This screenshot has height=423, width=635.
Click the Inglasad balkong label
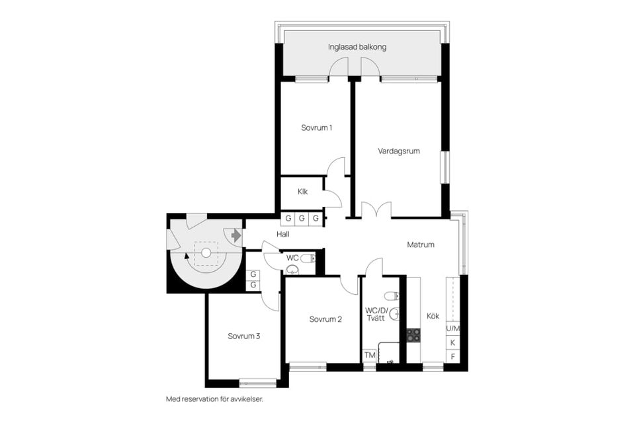[357, 48]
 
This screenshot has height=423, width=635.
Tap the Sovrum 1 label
[316, 128]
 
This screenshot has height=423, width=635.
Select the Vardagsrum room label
[399, 151]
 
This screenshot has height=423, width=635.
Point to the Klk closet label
[302, 192]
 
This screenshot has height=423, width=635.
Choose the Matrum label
[420, 245]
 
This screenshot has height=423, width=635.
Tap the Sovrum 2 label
[325, 319]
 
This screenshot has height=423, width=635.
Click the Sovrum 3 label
[243, 336]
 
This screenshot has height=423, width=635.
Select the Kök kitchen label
[433, 316]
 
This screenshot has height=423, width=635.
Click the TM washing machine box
[370, 356]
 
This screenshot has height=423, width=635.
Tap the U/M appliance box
[453, 328]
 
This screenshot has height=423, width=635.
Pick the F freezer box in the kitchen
[453, 357]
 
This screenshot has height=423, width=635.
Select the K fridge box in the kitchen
[453, 342]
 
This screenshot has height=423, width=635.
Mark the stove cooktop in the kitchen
[413, 335]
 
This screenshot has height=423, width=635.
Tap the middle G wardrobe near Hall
[302, 218]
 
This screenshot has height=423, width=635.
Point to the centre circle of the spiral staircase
[206, 252]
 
